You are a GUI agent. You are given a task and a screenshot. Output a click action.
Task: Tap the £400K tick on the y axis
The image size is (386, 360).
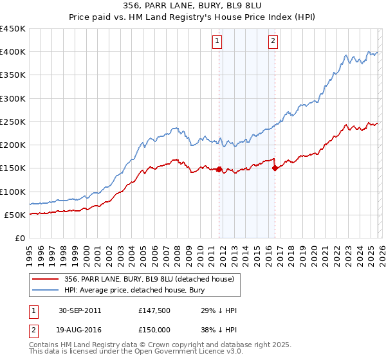click(13, 52)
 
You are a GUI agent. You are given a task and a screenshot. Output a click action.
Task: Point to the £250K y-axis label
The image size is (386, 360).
click(13, 122)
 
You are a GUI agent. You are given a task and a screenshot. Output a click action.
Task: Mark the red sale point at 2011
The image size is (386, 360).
click(219, 170)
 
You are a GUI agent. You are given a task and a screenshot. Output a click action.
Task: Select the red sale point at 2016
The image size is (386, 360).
click(275, 168)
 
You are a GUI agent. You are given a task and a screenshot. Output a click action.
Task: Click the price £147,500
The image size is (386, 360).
click(154, 310)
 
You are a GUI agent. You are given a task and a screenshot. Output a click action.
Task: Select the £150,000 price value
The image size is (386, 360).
click(154, 330)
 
